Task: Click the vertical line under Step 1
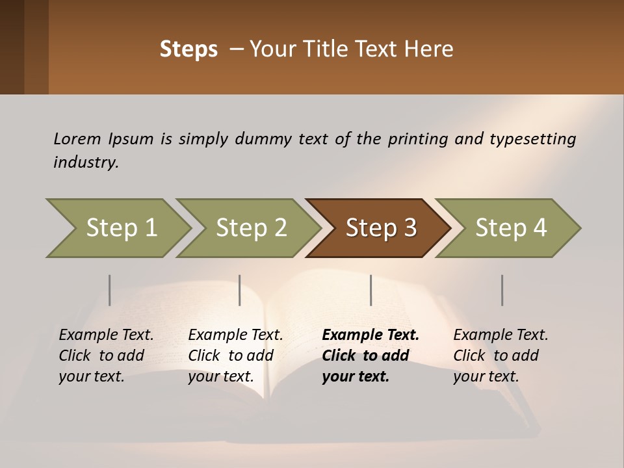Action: [x=110, y=290]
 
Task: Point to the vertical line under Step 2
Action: [x=240, y=290]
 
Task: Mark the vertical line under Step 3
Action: [x=370, y=290]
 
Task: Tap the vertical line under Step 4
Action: [x=502, y=290]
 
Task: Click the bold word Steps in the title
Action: [x=188, y=49]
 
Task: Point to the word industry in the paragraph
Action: [x=86, y=162]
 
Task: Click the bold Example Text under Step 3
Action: [x=370, y=335]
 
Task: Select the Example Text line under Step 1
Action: [x=106, y=335]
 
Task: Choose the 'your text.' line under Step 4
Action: [x=486, y=376]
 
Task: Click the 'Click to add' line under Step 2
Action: [x=231, y=356]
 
